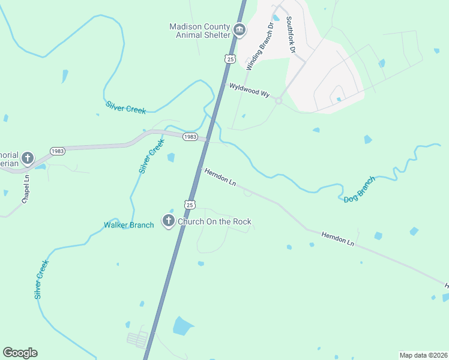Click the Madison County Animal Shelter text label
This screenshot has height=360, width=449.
pyautogui.click(x=200, y=31)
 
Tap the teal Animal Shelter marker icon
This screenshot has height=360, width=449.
pyautogui.click(x=240, y=30)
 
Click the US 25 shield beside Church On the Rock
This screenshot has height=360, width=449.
pyautogui.click(x=190, y=205)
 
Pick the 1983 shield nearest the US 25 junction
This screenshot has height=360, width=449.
pyautogui.click(x=190, y=137)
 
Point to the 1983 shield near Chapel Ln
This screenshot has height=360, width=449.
pyautogui.click(x=58, y=151)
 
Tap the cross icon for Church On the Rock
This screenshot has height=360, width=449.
pyautogui.click(x=169, y=221)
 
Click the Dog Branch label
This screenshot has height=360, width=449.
pyautogui.click(x=360, y=189)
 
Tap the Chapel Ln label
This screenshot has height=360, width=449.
pyautogui.click(x=26, y=189)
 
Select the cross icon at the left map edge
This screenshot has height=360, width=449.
pyautogui.click(x=27, y=159)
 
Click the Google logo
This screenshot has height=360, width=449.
pyautogui.click(x=20, y=353)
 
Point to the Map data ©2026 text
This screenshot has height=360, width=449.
pyautogui.click(x=423, y=355)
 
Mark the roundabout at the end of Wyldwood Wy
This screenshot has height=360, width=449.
pyautogui.click(x=279, y=101)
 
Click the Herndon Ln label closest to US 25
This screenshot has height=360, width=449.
pyautogui.click(x=220, y=176)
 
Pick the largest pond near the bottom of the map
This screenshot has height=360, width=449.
pyautogui.click(x=183, y=326)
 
